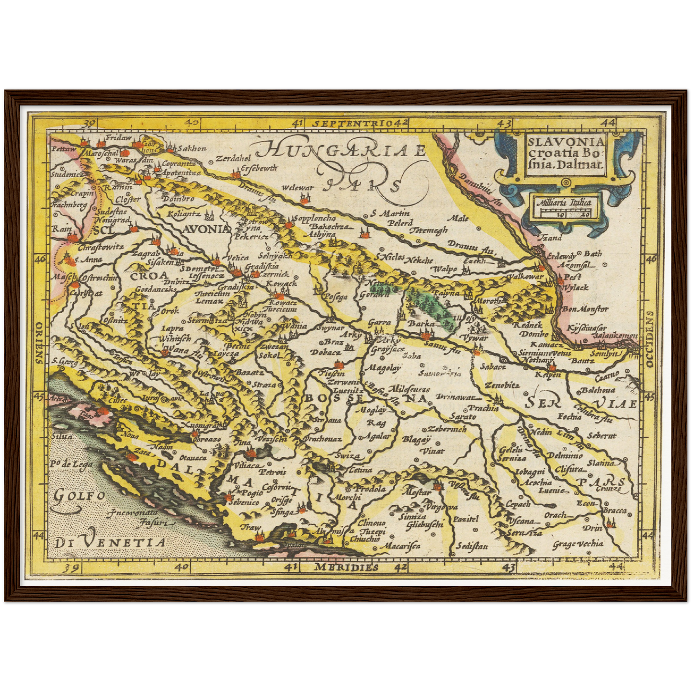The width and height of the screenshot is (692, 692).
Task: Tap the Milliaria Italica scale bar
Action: click(564, 209)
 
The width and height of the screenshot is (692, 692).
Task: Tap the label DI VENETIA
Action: click(110, 543)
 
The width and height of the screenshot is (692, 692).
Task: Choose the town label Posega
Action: click(335, 297)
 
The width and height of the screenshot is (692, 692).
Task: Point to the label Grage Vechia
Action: click(578, 544)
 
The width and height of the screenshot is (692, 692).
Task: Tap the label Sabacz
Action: click(495, 367)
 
